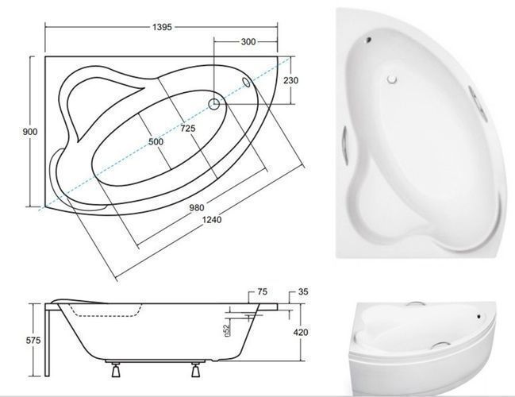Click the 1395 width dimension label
coord(162,27)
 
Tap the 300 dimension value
coord(248,42)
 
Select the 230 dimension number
coord(290,80)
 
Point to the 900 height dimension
coord(30,132)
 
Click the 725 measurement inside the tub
coord(188,128)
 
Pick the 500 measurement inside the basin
coord(156,141)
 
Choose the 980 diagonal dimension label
coord(197,208)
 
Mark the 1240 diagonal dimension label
coord(212,219)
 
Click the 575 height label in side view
coord(33,340)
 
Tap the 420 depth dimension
coord(301,332)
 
